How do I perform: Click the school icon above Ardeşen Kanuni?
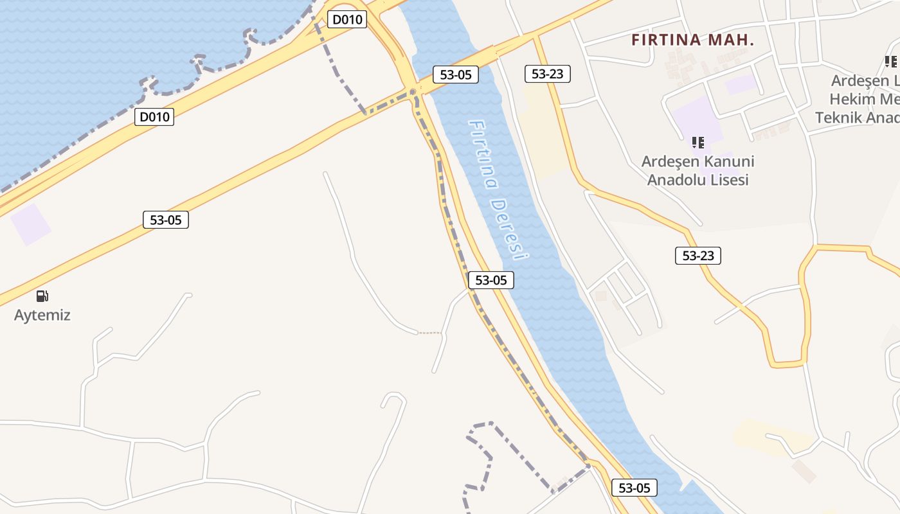[697, 142]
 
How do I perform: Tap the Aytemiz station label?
[42, 315]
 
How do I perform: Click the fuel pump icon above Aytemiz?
[42, 296]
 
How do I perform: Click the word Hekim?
[852, 100]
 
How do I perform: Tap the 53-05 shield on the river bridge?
[456, 75]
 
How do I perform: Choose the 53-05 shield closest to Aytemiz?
[166, 220]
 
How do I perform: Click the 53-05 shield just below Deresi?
[491, 280]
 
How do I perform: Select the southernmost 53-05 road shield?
[634, 488]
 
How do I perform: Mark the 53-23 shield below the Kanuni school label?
[698, 256]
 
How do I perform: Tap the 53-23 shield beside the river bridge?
[548, 74]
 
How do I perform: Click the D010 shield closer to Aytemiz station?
[154, 117]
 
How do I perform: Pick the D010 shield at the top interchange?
[347, 19]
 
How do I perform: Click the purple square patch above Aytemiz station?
[30, 224]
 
